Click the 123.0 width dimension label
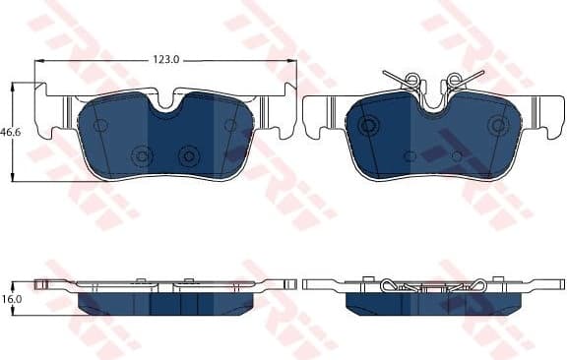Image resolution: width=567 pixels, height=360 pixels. [x=165, y=60]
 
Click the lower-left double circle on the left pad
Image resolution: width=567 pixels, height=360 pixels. [x=142, y=155]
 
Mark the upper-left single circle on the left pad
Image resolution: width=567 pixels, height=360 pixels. [x=99, y=125]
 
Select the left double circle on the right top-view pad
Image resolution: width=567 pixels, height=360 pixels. [x=369, y=125]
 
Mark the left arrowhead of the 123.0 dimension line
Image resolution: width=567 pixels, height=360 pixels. [x=38, y=61]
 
